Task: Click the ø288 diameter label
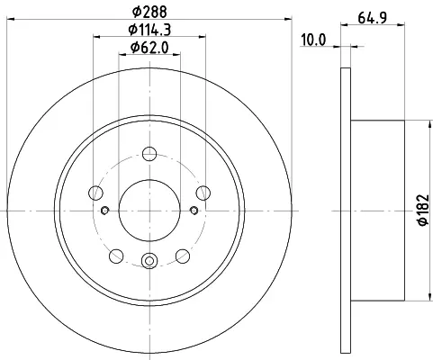149,12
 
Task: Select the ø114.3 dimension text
149,30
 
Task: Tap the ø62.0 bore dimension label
149,47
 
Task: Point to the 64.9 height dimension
372,17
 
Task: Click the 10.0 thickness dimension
313,40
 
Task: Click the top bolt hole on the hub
149,154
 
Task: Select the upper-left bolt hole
95,193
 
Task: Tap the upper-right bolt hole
203,193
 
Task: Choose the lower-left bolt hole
116,256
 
